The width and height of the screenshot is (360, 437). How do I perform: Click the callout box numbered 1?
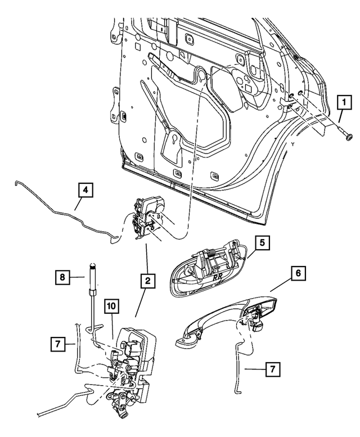(x=341, y=103)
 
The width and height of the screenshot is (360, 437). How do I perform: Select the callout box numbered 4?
(x=84, y=192)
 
